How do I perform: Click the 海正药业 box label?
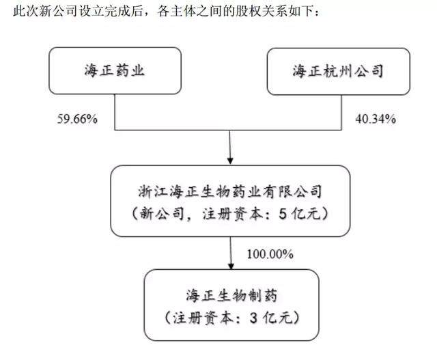[115, 70]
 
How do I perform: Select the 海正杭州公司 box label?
[338, 71]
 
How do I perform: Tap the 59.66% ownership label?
[77, 119]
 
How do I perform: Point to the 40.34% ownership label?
[376, 119]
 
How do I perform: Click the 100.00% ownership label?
[270, 254]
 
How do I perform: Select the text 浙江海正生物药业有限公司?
[230, 191]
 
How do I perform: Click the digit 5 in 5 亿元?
[283, 214]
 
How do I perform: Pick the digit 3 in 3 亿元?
[253, 318]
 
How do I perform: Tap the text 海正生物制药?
[231, 296]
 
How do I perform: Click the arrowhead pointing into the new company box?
[230, 161]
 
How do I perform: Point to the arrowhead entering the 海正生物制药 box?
[231, 266]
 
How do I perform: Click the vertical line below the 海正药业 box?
[115, 112]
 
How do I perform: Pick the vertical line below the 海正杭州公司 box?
[341, 113]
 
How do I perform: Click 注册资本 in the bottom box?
[203, 318]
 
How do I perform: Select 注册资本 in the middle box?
[232, 214]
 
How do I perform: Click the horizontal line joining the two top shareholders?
[228, 130]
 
